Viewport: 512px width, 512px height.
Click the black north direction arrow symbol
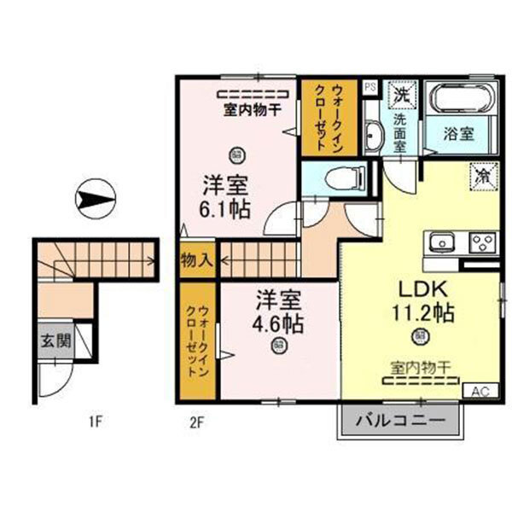pyautogui.click(x=96, y=201)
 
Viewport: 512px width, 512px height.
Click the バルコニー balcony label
pyautogui.click(x=400, y=421)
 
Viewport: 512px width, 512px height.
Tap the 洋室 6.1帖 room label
pyautogui.click(x=226, y=196)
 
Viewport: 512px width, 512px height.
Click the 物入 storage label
pyautogui.click(x=196, y=259)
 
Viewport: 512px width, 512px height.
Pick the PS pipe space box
pyautogui.click(x=370, y=86)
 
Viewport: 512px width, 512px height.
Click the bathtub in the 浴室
pyautogui.click(x=459, y=99)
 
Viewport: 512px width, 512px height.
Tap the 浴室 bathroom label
pyautogui.click(x=458, y=133)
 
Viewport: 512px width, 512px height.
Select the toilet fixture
pyautogui.click(x=339, y=180)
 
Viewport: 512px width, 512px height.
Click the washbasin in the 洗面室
pyautogui.click(x=374, y=134)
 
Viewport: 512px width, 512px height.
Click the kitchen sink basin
pyautogui.click(x=443, y=242)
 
